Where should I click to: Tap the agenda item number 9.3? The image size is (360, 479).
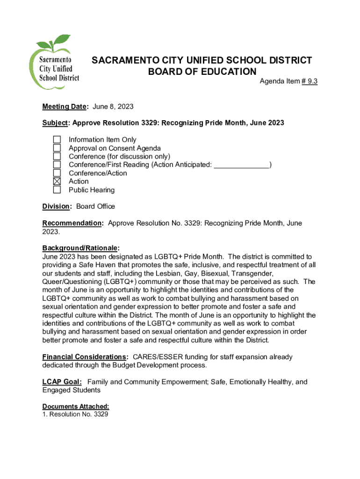tap(310, 81)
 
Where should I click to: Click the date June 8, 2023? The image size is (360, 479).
tap(113, 107)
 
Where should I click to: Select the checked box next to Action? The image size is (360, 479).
tap(57, 181)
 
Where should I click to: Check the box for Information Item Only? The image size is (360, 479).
tap(57, 140)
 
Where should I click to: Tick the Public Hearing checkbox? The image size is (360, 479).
tap(57, 190)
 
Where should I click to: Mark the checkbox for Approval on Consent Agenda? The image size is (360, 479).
tap(57, 148)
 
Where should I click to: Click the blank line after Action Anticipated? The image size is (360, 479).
tap(242, 165)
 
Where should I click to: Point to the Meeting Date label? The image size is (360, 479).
tap(65, 107)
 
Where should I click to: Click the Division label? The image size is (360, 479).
tap(57, 206)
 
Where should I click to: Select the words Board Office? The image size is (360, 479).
tap(95, 206)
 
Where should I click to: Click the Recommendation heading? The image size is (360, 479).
tap(72, 223)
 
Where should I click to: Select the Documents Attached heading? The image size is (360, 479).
tap(76, 406)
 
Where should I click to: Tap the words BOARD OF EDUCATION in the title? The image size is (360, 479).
tap(202, 72)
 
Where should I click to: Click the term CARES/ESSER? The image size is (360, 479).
tap(158, 357)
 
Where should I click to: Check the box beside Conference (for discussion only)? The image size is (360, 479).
tap(57, 156)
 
